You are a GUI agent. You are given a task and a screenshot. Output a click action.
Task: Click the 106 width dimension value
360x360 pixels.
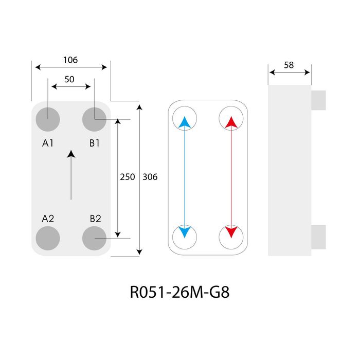point(70,60)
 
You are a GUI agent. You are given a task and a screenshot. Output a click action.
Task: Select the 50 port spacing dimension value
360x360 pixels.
point(69,79)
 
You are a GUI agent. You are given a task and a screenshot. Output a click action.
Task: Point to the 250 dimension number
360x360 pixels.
point(128,177)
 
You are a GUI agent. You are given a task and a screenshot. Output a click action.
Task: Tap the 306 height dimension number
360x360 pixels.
point(150,177)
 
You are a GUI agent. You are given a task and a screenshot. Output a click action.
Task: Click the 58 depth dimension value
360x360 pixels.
point(289,65)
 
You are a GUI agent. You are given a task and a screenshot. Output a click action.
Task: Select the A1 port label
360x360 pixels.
point(48,143)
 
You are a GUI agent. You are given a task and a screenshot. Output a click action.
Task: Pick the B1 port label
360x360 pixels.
point(94,143)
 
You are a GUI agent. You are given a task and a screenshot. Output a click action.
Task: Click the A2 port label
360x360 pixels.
point(48,219)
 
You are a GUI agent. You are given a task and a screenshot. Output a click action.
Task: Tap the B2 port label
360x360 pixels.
point(95,219)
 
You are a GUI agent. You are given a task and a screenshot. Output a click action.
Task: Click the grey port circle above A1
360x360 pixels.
point(48,119)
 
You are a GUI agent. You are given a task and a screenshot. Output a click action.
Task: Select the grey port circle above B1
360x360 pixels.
point(94,119)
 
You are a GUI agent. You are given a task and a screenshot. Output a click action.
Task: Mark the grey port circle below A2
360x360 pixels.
point(48,238)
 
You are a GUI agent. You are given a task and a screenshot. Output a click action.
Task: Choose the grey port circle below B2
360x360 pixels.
point(94,238)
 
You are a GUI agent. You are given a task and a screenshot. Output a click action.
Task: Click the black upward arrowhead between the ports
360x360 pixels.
point(71,154)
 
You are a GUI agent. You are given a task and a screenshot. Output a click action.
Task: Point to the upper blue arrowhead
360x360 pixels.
point(185,122)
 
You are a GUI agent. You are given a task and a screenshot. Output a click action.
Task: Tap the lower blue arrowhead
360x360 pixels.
point(185,232)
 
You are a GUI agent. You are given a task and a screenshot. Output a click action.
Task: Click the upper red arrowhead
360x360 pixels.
point(231,122)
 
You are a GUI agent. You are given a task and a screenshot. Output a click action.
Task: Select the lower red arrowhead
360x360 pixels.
point(231,232)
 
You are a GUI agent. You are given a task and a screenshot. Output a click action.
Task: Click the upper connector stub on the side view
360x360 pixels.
point(318,100)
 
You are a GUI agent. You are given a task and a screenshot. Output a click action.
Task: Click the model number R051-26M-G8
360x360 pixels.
point(180,292)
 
